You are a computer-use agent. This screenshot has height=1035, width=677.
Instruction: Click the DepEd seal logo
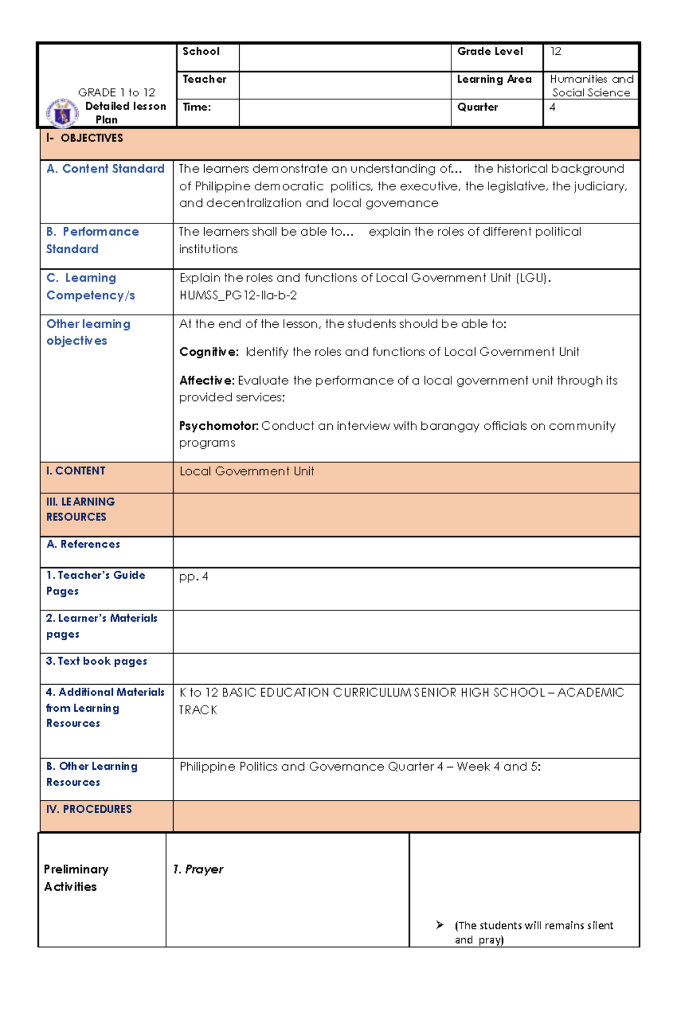coord(62,113)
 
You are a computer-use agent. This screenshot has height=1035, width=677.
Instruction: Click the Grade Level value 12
coord(556,51)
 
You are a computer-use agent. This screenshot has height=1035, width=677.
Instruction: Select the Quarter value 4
coord(552,107)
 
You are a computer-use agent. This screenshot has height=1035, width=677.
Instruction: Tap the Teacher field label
coord(204,80)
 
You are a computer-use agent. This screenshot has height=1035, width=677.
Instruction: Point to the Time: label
coord(196,107)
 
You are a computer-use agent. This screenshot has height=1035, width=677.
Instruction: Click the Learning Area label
coord(494,80)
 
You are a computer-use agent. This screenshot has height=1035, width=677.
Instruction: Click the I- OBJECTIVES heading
coord(85,138)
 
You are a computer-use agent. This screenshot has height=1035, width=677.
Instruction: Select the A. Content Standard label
coord(105,169)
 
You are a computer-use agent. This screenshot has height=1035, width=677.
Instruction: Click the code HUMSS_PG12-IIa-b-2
coord(238,296)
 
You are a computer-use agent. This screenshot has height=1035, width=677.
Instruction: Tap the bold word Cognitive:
coord(209,352)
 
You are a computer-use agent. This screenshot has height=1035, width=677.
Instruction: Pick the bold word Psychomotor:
coord(218,426)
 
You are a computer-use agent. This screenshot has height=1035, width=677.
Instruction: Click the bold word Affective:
coord(206,381)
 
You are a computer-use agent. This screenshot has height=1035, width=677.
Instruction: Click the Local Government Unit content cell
coord(247,472)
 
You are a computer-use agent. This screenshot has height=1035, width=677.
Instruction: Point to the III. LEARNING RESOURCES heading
coord(80,509)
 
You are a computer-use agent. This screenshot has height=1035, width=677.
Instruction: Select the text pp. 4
coord(194,576)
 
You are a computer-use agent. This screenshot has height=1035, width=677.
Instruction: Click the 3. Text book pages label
coord(96,661)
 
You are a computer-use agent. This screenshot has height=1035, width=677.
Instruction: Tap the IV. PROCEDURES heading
coord(89,809)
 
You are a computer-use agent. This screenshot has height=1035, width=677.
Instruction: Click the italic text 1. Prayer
coord(198,869)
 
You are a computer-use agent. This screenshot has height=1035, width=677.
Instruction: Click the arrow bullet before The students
coord(440,925)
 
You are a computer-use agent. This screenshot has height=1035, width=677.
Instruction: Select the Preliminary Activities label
coord(76,878)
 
